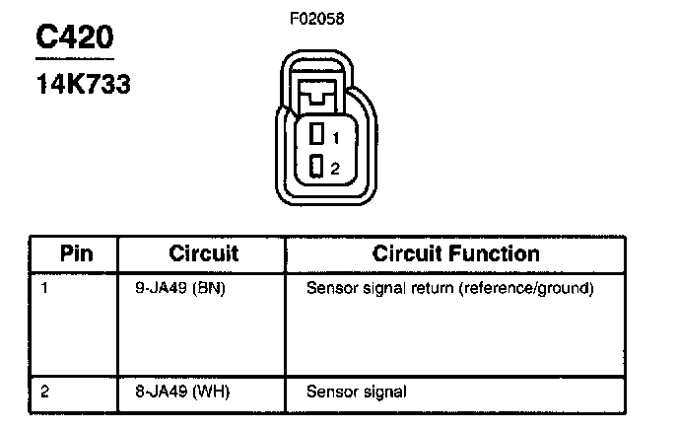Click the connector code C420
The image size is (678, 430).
[75, 38]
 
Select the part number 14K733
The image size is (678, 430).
[83, 84]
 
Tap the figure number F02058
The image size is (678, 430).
[317, 18]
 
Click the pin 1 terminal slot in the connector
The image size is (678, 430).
[316, 135]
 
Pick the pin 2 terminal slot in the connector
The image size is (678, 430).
[316, 167]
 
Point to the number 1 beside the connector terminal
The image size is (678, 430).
[335, 137]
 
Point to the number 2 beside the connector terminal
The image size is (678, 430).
[335, 169]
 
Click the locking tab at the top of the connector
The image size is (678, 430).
[316, 96]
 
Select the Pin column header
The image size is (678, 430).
[76, 253]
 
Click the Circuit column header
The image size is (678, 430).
[204, 253]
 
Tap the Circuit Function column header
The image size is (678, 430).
[455, 253]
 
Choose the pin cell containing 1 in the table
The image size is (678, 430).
[45, 289]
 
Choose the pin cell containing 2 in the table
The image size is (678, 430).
[45, 392]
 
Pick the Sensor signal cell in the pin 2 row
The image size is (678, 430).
[356, 392]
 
